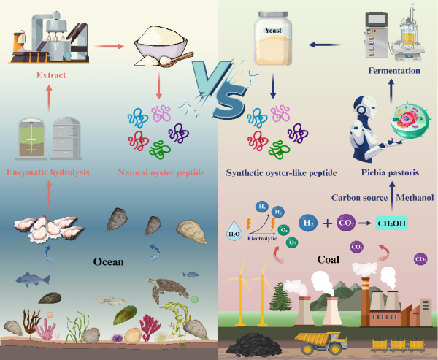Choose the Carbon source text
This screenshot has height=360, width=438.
pos(358,197)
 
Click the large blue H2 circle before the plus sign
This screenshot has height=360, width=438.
pos(310,221)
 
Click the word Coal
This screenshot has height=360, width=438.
pos(326,258)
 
